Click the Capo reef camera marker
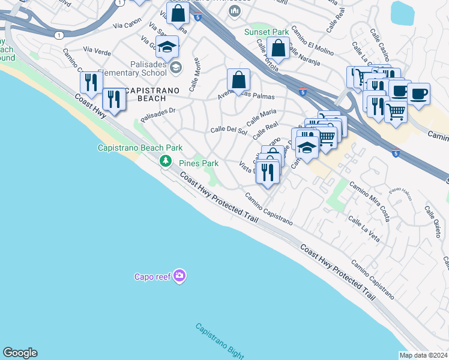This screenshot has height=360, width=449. point(179,276)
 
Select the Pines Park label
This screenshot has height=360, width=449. point(199,163)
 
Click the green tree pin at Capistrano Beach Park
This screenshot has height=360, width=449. point(165,160)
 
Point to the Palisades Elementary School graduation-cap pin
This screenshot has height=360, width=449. point(175,66)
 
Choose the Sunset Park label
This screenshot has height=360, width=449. point(267,32)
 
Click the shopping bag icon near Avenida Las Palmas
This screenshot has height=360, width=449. point(238,79)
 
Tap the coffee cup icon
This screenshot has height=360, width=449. point(418,94)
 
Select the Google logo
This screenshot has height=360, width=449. point(20,353)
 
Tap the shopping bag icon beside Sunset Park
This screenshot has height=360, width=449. point(279,48)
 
